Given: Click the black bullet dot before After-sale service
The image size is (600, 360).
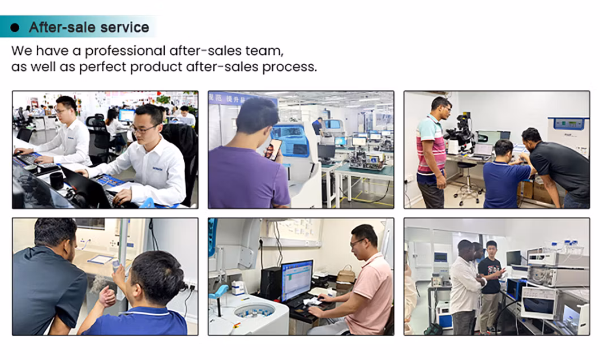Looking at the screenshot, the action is pyautogui.click(x=15, y=28).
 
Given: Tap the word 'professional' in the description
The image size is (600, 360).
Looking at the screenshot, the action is pyautogui.click(x=125, y=51).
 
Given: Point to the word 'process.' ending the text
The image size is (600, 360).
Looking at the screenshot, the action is pyautogui.click(x=290, y=67).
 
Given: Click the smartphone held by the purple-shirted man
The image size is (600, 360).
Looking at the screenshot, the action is pyautogui.click(x=273, y=149).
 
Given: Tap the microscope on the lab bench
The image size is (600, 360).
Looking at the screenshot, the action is pyautogui.click(x=460, y=134).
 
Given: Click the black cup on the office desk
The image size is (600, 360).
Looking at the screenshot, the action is pyautogui.click(x=56, y=181).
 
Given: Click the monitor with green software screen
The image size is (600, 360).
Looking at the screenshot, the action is pyautogui.click(x=297, y=280).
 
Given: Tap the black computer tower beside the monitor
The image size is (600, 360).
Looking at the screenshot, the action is pyautogui.click(x=271, y=284).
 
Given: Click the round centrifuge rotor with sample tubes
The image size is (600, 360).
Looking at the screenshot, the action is pyautogui.click(x=255, y=311).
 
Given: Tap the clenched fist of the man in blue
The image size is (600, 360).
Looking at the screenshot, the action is pyautogui.click(x=107, y=297).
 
